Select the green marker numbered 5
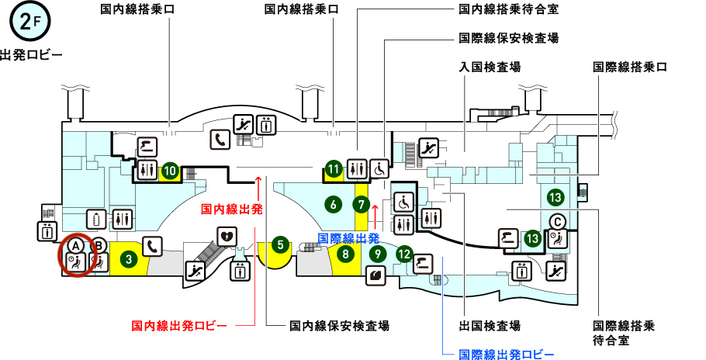pyautogui.click(x=281, y=246)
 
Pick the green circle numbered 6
pyautogui.click(x=334, y=205)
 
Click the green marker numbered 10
pyautogui.click(x=171, y=170)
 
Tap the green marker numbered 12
pyautogui.click(x=404, y=253)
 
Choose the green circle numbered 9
pyautogui.click(x=377, y=253)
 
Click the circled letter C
pyautogui.click(x=556, y=222)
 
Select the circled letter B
pyautogui.click(x=99, y=244)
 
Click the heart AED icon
pyautogui.click(x=227, y=235)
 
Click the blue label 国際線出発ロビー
pyautogui.click(x=507, y=355)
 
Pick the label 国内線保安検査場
pyautogui.click(x=339, y=326)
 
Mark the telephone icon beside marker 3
pyautogui.click(x=152, y=247)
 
